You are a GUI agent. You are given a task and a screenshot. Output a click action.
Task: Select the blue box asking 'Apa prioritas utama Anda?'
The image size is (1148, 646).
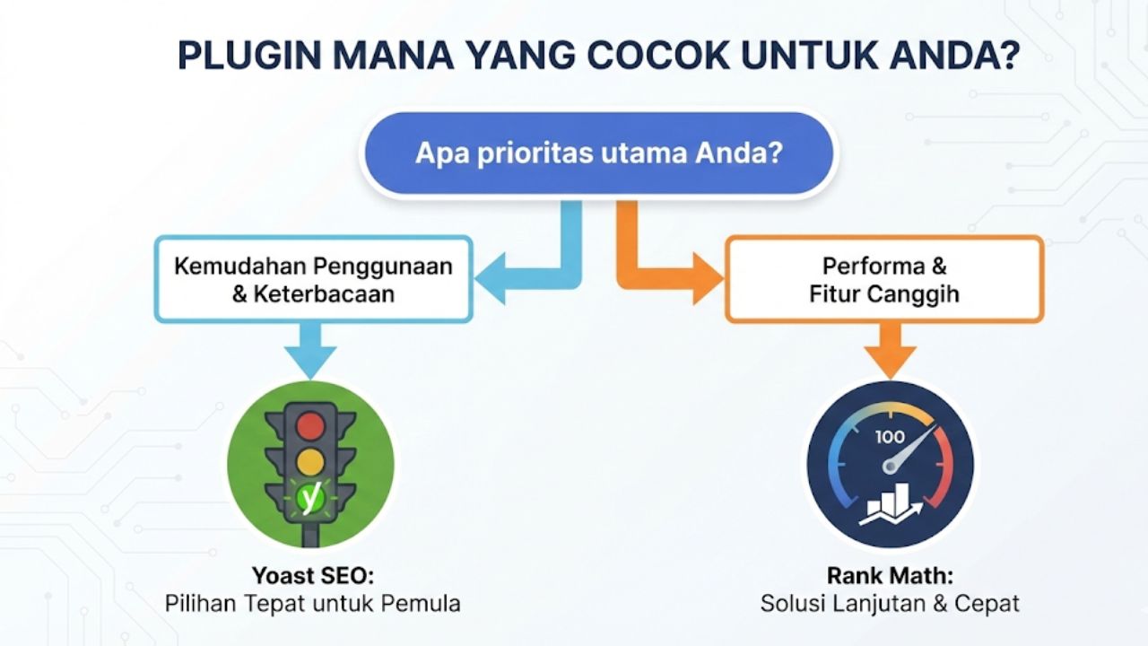pos(597,153)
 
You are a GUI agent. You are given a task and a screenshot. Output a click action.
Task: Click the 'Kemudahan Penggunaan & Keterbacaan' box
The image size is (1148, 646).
pos(313,279)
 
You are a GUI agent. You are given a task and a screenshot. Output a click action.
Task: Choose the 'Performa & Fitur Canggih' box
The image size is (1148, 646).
pos(883,279)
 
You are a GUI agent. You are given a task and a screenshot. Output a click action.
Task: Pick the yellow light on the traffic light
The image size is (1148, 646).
pos(309,461)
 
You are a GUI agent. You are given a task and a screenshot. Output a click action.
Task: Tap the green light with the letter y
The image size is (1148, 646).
pos(310,498)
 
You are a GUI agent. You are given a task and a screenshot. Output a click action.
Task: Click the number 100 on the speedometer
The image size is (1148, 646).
pos(890,437)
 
